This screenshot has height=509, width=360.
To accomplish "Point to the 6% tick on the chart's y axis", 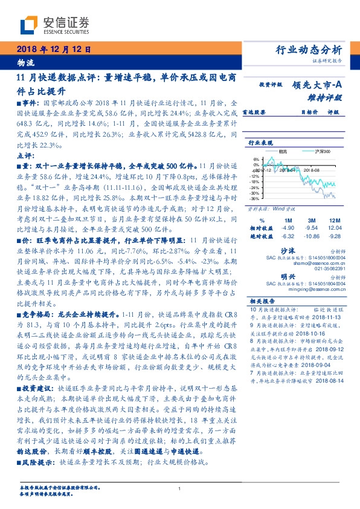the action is point(256,160).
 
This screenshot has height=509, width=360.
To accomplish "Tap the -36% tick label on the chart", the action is point(255,198).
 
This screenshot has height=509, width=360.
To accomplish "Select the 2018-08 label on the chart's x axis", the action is point(312,171).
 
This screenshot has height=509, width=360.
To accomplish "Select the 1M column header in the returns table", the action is point(288,220).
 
